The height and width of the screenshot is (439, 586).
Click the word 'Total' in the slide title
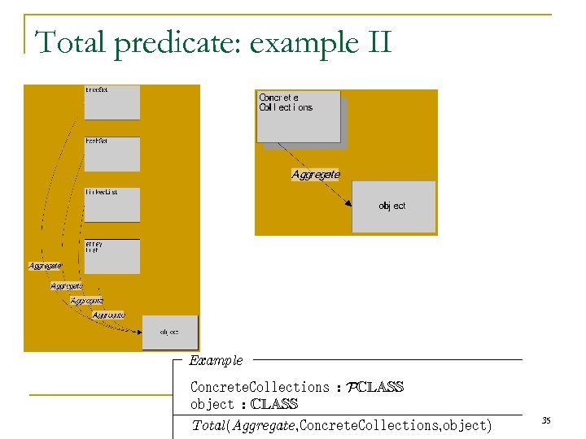click(x=71, y=42)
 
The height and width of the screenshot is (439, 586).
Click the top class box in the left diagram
click(x=112, y=102)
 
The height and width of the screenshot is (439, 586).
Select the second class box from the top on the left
click(x=112, y=154)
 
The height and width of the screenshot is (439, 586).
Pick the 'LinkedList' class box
click(x=112, y=205)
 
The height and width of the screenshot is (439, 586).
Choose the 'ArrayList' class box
click(x=112, y=256)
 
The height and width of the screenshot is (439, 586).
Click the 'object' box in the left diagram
click(x=170, y=332)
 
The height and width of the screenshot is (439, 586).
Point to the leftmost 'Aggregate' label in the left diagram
click(x=45, y=266)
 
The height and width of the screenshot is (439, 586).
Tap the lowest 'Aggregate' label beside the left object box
click(x=108, y=315)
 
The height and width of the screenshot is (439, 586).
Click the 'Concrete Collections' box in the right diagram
click(x=298, y=116)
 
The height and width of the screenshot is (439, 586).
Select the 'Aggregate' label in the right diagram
click(x=316, y=174)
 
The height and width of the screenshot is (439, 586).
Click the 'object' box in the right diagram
click(x=393, y=206)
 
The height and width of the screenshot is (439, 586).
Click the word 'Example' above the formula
click(x=216, y=360)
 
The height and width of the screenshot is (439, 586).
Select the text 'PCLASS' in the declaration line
click(x=375, y=387)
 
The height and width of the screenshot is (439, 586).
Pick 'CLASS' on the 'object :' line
click(x=274, y=404)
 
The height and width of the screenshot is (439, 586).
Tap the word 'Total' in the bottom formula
click(x=208, y=425)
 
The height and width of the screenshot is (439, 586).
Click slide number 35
click(x=546, y=420)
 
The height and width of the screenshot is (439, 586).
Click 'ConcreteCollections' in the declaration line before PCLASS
click(x=260, y=387)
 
